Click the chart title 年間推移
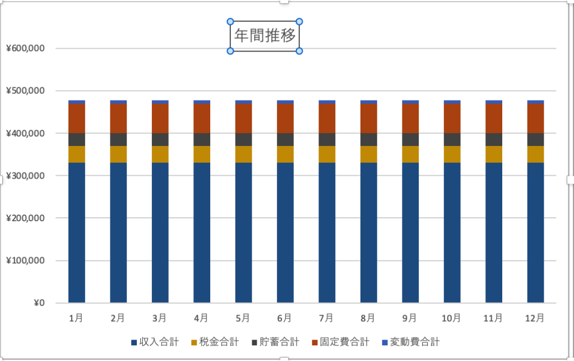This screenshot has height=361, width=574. pyautogui.click(x=265, y=36)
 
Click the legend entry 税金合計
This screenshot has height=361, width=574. pyautogui.click(x=219, y=342)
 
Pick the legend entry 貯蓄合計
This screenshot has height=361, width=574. pyautogui.click(x=280, y=342)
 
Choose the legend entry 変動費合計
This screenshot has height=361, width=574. pyautogui.click(x=414, y=342)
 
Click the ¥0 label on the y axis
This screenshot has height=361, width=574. pyautogui.click(x=38, y=303)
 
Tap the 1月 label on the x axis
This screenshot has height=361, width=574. pyautogui.click(x=76, y=318)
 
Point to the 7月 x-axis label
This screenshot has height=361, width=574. pyautogui.click(x=326, y=318)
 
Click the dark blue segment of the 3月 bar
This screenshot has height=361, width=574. pyautogui.click(x=160, y=233)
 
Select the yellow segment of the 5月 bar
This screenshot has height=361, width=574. pyautogui.click(x=243, y=154)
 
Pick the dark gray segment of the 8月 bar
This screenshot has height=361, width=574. pyautogui.click(x=368, y=139)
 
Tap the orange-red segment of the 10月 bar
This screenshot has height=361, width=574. pyautogui.click(x=452, y=118)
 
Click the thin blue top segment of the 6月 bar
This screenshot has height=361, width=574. pyautogui.click(x=285, y=102)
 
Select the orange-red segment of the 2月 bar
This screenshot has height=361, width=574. pyautogui.click(x=118, y=118)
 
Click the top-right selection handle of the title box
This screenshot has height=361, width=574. pyautogui.click(x=299, y=22)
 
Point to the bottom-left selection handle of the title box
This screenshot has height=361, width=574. pyautogui.click(x=230, y=51)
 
